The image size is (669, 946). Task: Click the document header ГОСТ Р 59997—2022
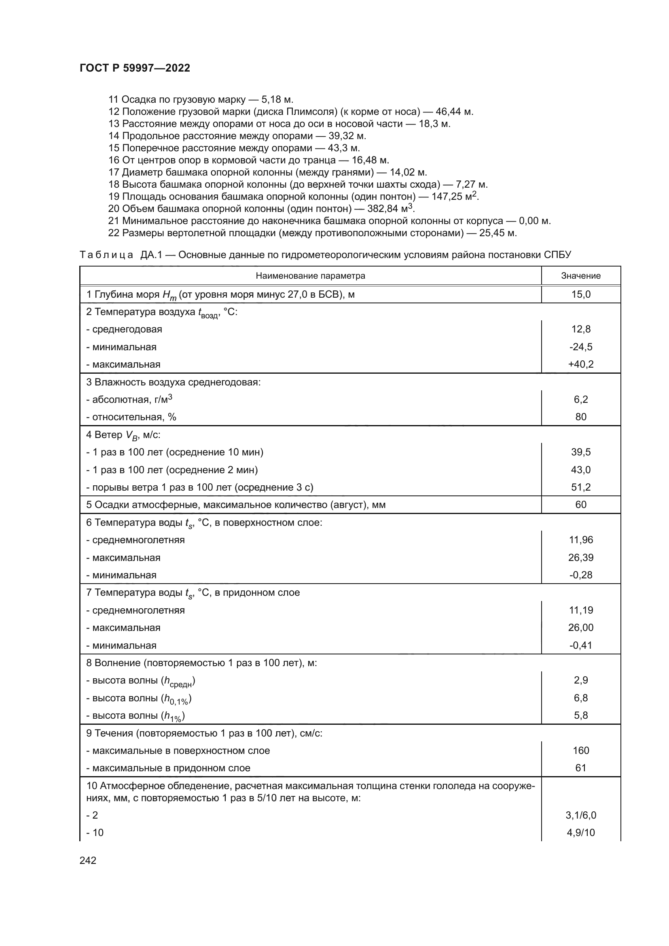(135, 68)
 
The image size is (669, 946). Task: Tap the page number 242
(88, 860)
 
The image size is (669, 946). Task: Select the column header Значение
(580, 276)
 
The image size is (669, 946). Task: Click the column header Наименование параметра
(310, 276)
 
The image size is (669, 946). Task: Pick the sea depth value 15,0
(580, 294)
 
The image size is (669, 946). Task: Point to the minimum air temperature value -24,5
(580, 347)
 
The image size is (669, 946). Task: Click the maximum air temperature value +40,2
(580, 364)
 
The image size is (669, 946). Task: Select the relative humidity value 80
(580, 417)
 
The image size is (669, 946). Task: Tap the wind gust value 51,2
(580, 487)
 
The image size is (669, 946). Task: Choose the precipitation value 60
(580, 505)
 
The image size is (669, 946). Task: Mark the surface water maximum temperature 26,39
(580, 557)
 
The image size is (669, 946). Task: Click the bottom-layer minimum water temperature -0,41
(580, 645)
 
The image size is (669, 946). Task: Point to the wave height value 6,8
(580, 698)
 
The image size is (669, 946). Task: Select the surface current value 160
(580, 750)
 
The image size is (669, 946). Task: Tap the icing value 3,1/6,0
(580, 815)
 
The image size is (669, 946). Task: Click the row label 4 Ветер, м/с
(123, 435)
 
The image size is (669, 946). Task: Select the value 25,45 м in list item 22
(498, 233)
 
